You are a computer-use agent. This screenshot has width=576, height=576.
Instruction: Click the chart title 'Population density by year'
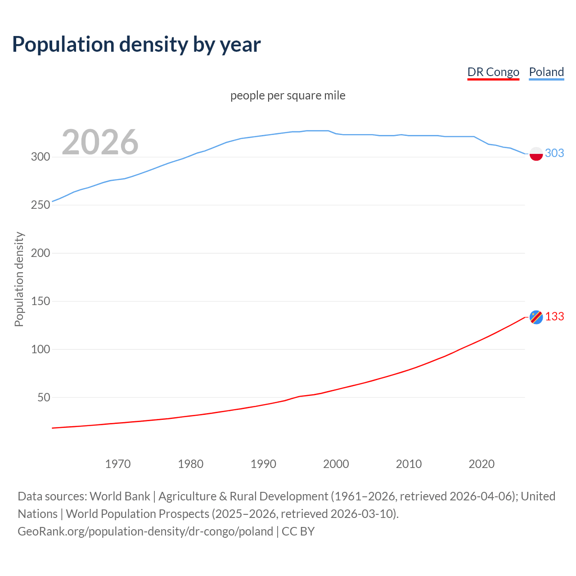[x=136, y=45]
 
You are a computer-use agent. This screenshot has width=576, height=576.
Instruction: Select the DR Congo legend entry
[x=493, y=72]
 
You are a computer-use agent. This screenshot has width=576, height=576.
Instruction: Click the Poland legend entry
[x=546, y=72]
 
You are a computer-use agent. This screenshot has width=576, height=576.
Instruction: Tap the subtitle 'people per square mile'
[x=288, y=95]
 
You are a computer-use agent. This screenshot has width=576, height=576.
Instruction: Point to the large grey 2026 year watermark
[x=100, y=142]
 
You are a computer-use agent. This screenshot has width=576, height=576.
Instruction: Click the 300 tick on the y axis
[x=40, y=157]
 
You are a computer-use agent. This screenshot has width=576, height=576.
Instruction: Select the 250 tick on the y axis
[x=40, y=205]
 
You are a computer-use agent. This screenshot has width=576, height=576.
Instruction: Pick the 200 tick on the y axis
[x=40, y=253]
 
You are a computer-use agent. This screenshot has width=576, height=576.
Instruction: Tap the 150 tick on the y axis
[x=40, y=301]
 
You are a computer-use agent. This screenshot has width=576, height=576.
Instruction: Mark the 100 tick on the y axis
[x=40, y=349]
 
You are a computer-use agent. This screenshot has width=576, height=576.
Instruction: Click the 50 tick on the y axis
[x=43, y=397]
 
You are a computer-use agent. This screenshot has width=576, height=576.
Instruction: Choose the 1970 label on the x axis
[x=118, y=464]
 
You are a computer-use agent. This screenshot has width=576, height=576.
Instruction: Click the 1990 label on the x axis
[x=263, y=464]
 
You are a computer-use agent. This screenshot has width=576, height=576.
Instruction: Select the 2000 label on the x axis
[x=336, y=464]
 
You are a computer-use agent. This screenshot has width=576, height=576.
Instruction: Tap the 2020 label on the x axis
[x=481, y=464]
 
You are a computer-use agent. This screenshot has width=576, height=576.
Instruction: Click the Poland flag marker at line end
[x=536, y=154]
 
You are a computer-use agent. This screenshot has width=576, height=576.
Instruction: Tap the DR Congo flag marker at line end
[x=536, y=317]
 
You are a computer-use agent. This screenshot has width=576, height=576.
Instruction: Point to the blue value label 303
[x=554, y=153]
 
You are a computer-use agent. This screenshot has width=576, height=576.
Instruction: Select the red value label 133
[x=554, y=317]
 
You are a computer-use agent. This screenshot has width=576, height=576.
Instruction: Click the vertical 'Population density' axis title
[x=19, y=279]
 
